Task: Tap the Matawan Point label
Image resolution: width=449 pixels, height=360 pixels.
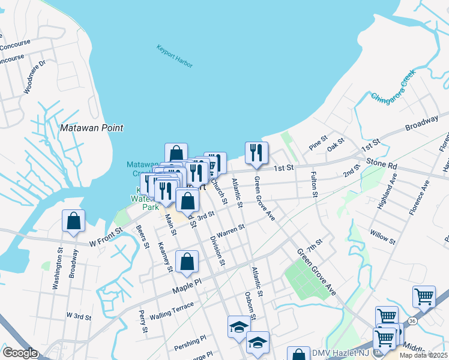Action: click(92, 128)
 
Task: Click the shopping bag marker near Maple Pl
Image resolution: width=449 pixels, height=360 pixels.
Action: click(187, 261)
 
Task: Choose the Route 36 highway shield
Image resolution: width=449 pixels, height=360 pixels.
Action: click(412, 322)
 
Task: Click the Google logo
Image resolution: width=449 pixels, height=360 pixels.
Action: click(20, 353)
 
